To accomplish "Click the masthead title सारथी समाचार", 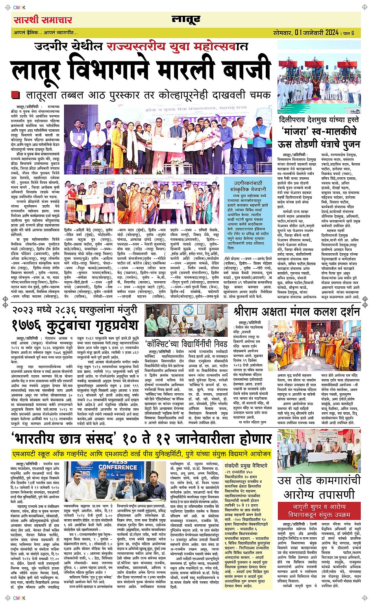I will (43, 20).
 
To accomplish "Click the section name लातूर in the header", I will (186, 19).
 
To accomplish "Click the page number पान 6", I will (348, 33).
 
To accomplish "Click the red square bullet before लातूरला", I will (15, 95).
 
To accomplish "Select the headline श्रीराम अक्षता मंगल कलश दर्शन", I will (297, 312).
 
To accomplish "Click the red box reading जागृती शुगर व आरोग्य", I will (319, 510).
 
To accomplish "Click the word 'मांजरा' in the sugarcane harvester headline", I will (295, 131).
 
